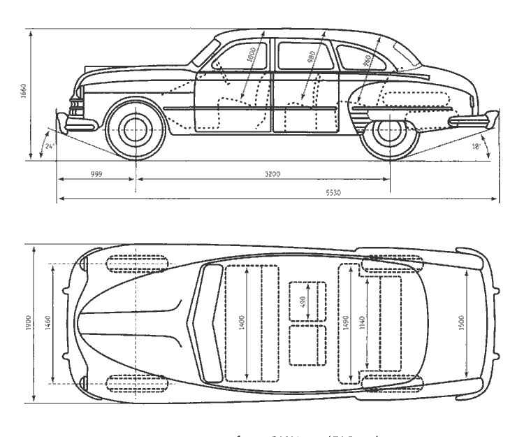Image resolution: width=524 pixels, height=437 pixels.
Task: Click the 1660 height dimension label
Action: pos(23,91)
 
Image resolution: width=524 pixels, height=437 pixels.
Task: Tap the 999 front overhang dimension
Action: pos(96,173)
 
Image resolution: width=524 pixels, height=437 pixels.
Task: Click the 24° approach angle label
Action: pos(49,146)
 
